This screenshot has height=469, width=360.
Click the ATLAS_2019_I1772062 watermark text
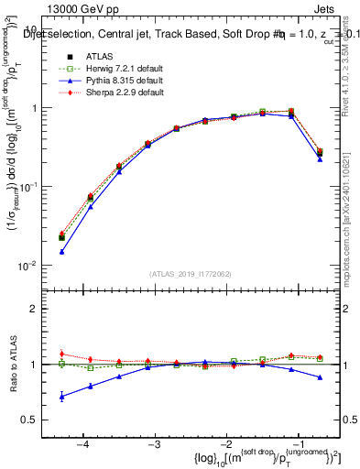[x=191, y=273]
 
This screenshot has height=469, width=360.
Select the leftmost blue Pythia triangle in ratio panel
[x=61, y=397]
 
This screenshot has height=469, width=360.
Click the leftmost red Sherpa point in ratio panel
[x=61, y=354]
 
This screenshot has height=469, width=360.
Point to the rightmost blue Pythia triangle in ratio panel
[x=320, y=377]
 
